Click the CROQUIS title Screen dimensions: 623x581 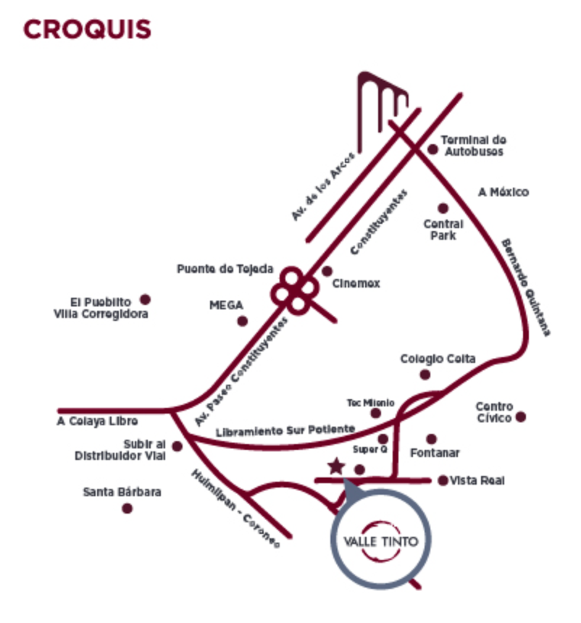point(88,30)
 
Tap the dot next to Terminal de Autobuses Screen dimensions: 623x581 point(433,149)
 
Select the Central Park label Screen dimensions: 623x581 point(443,230)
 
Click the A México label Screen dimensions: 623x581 point(503,193)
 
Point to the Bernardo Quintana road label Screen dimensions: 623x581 point(525,287)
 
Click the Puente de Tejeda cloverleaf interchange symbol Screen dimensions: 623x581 point(295,290)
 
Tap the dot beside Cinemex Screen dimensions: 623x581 point(327,272)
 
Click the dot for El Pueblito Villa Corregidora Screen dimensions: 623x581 point(145,299)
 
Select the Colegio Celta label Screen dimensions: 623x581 point(438,359)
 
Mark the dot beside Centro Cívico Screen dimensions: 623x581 point(520,417)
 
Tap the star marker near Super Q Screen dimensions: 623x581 point(336,466)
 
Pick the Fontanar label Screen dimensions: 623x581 point(435,453)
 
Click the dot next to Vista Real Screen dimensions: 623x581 point(443,480)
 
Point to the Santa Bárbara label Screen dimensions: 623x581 point(122,493)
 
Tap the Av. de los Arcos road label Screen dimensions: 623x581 point(322,186)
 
